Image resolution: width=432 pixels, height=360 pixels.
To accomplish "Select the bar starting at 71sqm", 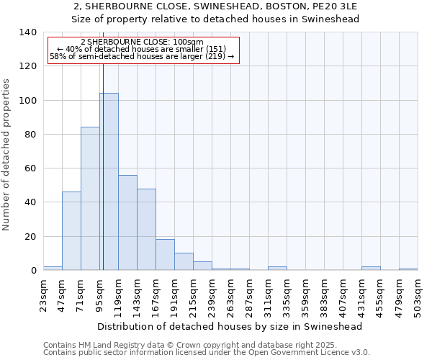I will click(90, 199).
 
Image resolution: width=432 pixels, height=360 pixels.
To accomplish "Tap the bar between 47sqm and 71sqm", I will click(71, 230).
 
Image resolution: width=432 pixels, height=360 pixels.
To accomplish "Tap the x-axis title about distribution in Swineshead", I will click(230, 326).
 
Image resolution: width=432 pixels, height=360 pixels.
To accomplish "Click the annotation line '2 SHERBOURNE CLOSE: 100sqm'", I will click(142, 42).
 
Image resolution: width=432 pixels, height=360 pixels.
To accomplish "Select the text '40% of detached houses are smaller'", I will click(142, 49).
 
